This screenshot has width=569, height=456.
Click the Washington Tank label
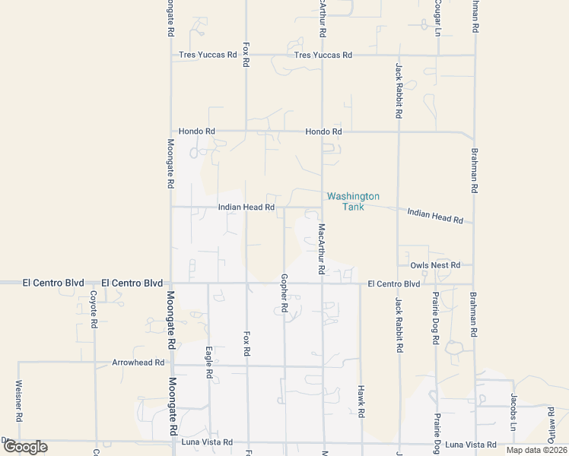[353, 201]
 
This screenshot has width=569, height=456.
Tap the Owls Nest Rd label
[435, 265]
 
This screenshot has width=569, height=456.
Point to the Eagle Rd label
[208, 363]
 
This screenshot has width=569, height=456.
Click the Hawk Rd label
[360, 401]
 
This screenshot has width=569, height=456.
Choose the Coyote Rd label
[94, 309]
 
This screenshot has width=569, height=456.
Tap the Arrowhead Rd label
[138, 363]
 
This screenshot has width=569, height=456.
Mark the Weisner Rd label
[18, 401]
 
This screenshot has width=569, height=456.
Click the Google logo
[25, 447]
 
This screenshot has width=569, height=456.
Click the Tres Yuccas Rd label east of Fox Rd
[323, 55]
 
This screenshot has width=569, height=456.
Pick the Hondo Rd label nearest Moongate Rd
[197, 131]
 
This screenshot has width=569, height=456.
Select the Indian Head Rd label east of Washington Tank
[435, 215]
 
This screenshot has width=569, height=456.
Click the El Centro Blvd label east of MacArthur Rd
[393, 283]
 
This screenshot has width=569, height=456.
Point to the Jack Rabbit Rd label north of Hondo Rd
[398, 90]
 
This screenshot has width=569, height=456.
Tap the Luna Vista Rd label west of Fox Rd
[206, 442]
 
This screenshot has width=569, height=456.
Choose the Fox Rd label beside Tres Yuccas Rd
[246, 55]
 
